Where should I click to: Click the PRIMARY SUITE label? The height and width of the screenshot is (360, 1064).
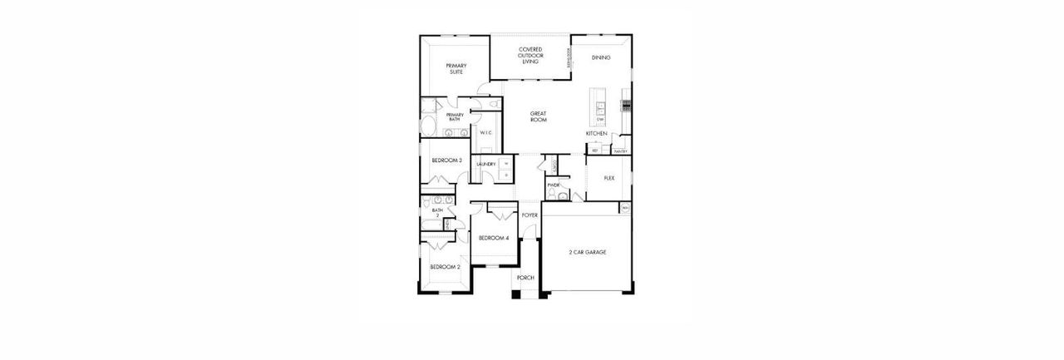tap(456, 68)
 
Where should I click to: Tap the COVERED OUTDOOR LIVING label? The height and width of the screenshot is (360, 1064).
tap(530, 56)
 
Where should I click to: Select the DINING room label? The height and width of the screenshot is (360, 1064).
tap(601, 58)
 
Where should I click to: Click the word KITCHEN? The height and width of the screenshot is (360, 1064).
tap(597, 133)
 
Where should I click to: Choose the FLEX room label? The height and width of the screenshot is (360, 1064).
tap(608, 177)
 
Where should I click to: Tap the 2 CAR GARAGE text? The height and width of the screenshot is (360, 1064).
tap(587, 251)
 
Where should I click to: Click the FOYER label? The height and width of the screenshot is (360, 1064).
tap(530, 215)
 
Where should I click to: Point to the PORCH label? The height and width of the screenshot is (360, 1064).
tap(525, 277)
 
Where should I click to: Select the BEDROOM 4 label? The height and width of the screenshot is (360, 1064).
tap(493, 238)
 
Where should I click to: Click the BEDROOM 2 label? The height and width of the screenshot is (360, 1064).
tap(445, 267)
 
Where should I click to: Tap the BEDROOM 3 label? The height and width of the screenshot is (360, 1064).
tap(446, 160)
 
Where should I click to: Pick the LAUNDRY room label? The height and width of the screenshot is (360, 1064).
tap(486, 165)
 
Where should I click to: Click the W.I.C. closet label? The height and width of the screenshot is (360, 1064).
tap(486, 132)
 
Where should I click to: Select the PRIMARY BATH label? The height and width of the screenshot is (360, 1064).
tap(455, 117)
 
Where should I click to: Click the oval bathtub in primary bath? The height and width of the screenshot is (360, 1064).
tap(429, 127)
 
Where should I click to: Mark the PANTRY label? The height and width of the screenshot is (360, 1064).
tap(620, 151)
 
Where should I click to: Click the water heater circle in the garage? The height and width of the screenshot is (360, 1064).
tap(625, 207)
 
